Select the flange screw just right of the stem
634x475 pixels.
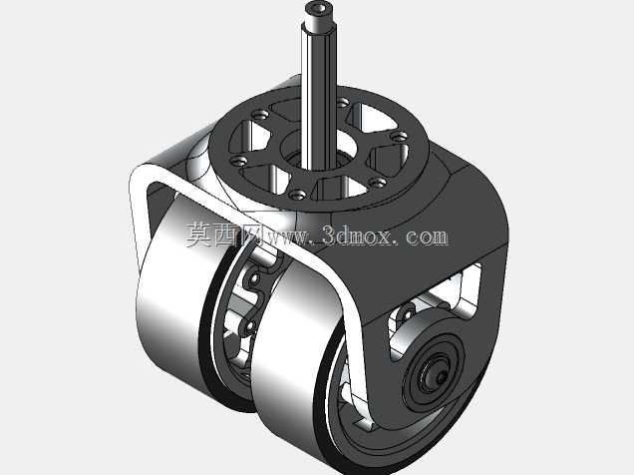click(x=342, y=103)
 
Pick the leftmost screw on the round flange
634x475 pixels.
click(x=238, y=161)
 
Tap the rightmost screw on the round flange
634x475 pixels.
click(x=400, y=136)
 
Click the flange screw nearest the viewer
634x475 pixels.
click(x=299, y=195)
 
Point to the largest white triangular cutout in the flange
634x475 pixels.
click(x=371, y=116)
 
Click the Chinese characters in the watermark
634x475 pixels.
click(x=225, y=236)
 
